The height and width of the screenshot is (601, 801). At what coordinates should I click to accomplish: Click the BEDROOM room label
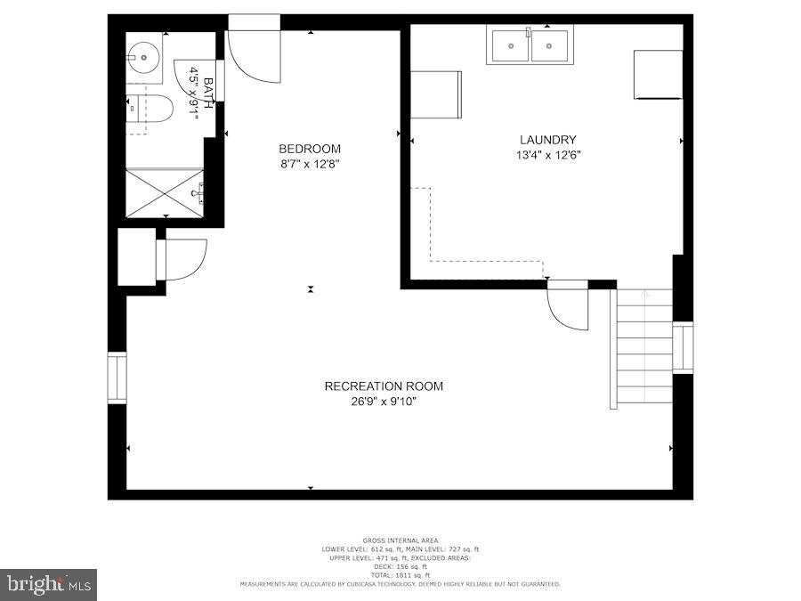point(309,149)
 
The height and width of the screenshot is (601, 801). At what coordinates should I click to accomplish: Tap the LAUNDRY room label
point(547,140)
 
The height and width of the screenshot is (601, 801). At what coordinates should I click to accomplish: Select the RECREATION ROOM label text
point(383,386)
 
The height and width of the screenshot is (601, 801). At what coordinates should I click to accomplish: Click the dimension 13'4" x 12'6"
point(547,155)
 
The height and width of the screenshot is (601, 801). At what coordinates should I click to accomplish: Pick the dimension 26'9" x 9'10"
point(383,402)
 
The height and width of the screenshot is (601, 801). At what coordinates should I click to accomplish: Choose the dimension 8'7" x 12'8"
point(309,164)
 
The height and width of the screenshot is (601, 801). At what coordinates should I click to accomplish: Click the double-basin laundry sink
point(530,45)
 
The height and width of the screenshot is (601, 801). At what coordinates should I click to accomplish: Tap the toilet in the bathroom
point(150,109)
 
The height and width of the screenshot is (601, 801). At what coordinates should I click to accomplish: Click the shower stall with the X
point(165,191)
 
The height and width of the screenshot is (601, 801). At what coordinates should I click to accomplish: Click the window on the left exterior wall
point(117,378)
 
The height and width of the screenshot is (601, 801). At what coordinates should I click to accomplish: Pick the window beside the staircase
point(683,348)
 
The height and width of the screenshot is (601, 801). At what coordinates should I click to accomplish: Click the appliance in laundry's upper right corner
point(658,75)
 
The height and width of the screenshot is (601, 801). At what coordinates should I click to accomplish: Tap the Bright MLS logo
point(49,584)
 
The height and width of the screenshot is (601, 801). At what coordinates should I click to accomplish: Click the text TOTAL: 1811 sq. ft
point(400,575)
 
